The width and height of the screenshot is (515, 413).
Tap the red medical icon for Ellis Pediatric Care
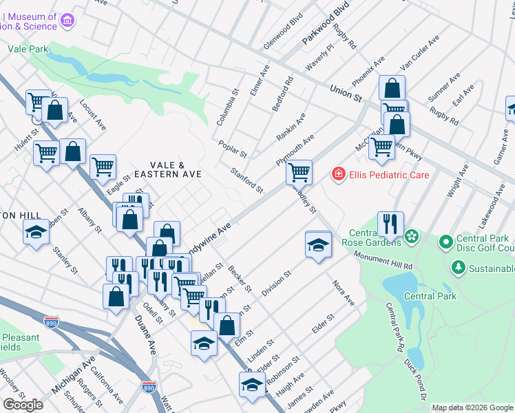point(338,174)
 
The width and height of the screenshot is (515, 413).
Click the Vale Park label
point(28,49)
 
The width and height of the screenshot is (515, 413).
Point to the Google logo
point(23,405)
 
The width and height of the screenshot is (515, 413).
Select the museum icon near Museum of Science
point(67,21)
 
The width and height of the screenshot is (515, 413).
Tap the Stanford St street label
point(246,180)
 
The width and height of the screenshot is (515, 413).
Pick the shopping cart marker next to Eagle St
point(103,166)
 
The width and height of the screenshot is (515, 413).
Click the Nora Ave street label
point(343,293)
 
